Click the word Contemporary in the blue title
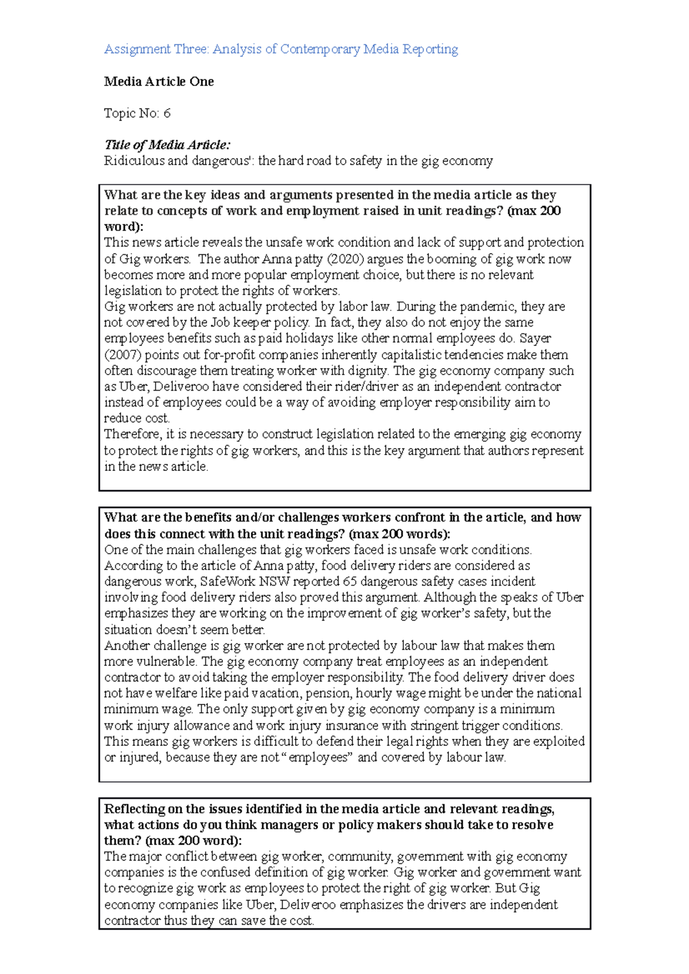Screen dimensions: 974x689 320,49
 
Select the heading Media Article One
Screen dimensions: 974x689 158,81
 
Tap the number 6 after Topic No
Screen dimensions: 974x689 167,113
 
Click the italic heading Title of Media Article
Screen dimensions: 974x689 167,145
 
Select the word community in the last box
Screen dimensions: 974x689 360,856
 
